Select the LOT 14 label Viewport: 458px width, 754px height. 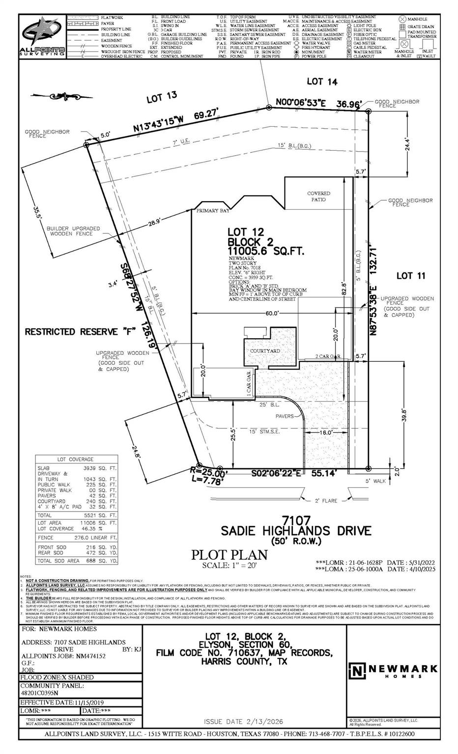pos(322,81)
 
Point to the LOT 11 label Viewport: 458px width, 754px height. pos(411,276)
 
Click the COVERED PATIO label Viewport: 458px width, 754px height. pos(318,196)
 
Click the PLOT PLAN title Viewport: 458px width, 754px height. pos(229,555)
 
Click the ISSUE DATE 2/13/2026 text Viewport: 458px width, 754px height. pos(243,721)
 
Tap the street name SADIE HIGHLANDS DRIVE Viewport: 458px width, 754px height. pos(296,531)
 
